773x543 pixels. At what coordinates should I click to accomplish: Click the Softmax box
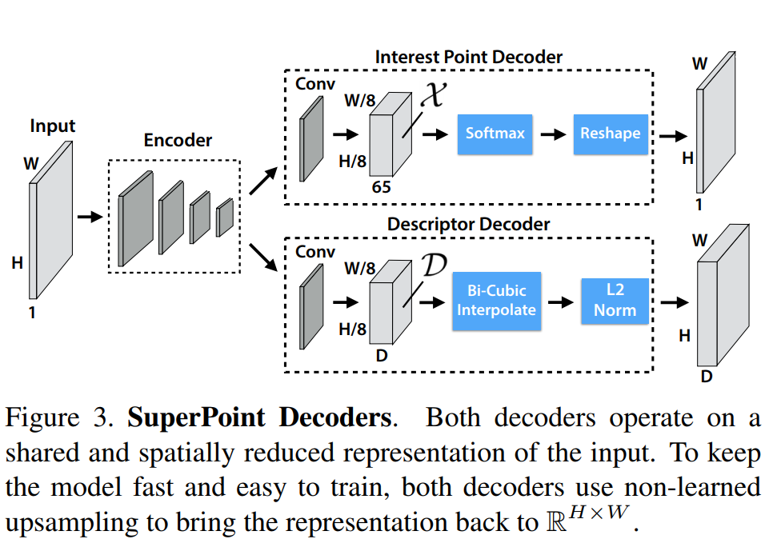click(495, 133)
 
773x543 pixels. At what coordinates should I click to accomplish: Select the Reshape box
click(610, 133)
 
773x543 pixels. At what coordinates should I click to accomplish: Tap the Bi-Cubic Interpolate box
click(495, 299)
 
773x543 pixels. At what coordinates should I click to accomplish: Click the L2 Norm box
click(615, 299)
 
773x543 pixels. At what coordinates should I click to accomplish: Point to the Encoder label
click(178, 140)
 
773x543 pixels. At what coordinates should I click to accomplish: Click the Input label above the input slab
click(52, 126)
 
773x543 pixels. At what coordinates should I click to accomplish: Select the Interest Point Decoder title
click(468, 57)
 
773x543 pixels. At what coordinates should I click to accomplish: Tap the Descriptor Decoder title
click(468, 224)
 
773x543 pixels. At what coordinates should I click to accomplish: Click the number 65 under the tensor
click(382, 187)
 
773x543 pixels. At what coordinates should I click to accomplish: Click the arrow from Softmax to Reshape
click(553, 134)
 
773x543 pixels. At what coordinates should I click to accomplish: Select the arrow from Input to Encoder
click(89, 216)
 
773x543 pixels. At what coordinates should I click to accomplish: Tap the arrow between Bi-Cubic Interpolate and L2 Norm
click(561, 302)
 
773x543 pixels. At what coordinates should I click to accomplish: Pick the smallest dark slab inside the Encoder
click(224, 217)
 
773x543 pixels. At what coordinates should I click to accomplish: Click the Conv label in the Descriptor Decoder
click(315, 251)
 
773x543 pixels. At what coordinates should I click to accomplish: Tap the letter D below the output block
click(706, 375)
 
